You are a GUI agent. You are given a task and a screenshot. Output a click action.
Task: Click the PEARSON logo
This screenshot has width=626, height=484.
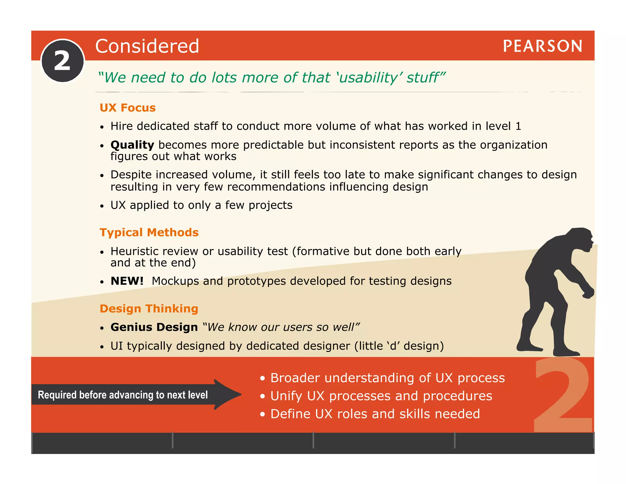[x=543, y=46]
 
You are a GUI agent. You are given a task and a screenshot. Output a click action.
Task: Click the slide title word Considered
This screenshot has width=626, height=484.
[x=147, y=46]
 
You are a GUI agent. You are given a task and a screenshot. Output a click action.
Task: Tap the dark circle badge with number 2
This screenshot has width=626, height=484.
[x=63, y=61]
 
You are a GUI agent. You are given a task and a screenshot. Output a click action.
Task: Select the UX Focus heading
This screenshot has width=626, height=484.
[x=127, y=108]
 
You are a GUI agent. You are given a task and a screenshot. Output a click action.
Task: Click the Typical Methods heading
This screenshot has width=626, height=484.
[x=149, y=233]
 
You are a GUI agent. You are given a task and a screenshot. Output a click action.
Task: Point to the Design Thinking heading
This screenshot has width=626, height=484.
[x=149, y=309]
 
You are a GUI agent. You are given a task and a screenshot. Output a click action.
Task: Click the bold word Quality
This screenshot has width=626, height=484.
[x=132, y=145]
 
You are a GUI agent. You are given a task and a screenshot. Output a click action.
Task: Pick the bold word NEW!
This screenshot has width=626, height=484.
[x=127, y=281]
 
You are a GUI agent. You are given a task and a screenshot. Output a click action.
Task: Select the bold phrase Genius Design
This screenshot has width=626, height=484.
[x=154, y=327]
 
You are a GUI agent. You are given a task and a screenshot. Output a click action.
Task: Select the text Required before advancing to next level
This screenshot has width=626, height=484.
[x=123, y=395]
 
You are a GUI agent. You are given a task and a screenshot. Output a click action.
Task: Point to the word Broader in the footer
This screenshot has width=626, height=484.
[x=295, y=378]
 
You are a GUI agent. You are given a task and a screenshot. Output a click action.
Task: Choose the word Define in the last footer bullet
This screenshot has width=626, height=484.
[x=290, y=414]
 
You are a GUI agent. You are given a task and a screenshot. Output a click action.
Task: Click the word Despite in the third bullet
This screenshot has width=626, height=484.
[x=131, y=175]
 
